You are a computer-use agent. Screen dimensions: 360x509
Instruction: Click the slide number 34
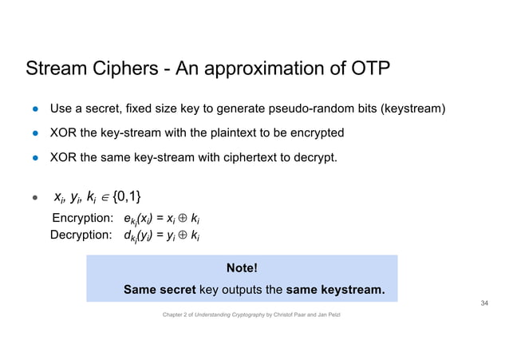pyautogui.click(x=483, y=304)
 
